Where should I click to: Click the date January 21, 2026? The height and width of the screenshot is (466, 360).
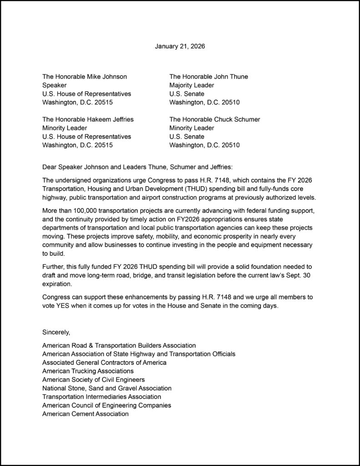click(180, 46)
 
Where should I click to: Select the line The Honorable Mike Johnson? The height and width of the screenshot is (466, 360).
click(85, 76)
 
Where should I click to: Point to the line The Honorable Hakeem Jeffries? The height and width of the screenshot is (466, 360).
click(88, 119)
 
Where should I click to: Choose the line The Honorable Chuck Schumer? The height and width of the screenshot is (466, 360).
click(215, 119)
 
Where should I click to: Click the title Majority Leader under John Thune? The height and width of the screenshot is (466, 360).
click(192, 85)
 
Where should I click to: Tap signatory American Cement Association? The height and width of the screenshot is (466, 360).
click(85, 414)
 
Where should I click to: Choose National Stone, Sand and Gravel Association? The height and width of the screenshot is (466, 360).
click(107, 388)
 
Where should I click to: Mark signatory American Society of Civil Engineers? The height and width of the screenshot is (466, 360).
click(94, 380)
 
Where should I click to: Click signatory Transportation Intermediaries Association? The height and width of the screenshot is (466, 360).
click(101, 397)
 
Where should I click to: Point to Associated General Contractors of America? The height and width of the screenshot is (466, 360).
click(104, 363)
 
